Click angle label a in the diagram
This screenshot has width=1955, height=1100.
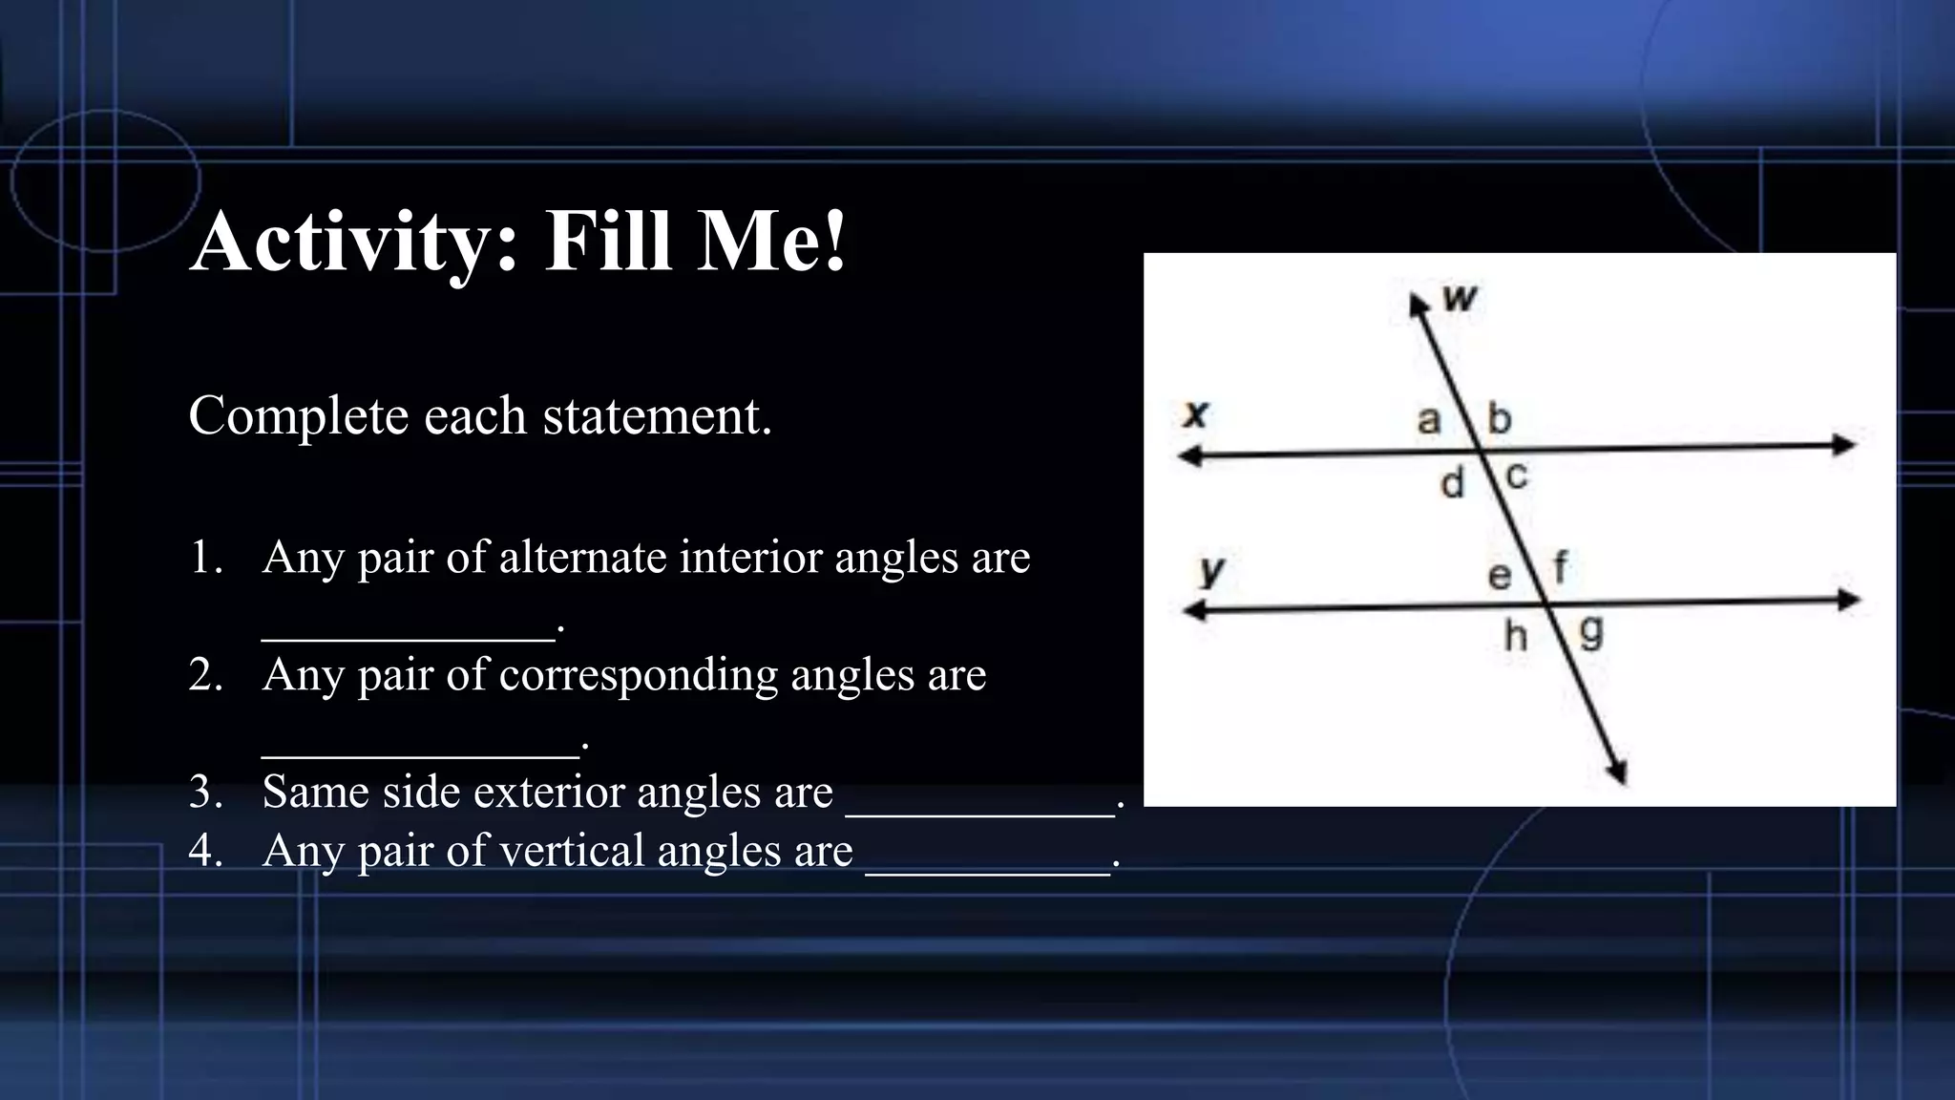coord(1428,420)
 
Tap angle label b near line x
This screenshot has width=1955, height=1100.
coord(1500,418)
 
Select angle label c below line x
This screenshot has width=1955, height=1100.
coord(1517,475)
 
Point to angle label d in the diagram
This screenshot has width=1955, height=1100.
coord(1452,483)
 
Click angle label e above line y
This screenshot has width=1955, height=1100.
coord(1500,575)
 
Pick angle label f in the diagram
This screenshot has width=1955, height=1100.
coord(1560,567)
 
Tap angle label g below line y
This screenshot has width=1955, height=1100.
coord(1591,632)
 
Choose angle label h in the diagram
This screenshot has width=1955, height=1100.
coord(1516,636)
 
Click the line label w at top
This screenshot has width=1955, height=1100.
coord(1460,299)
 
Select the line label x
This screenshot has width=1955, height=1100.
coord(1195,413)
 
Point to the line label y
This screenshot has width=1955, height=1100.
coord(1211,570)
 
